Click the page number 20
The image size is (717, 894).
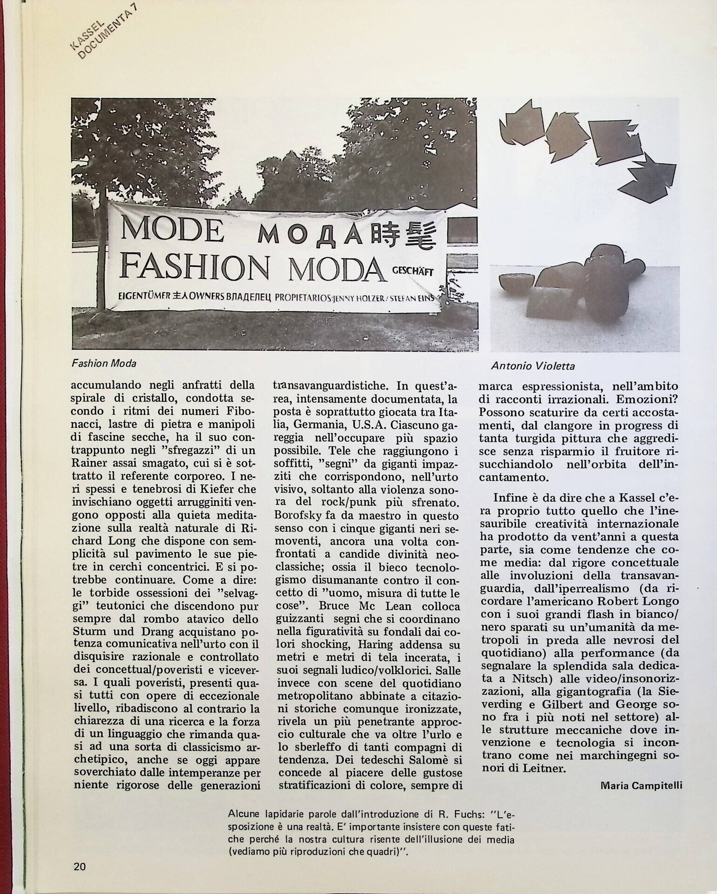click(x=79, y=866)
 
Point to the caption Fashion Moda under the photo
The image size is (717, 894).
click(x=104, y=363)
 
